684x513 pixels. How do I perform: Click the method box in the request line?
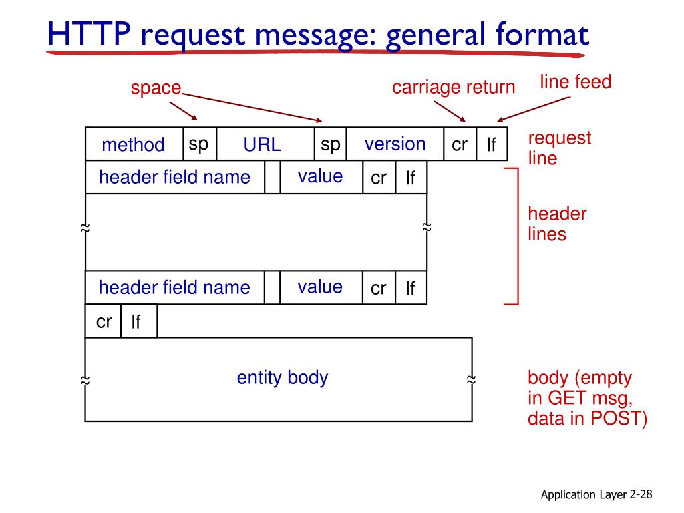(134, 144)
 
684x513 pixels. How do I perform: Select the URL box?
(262, 144)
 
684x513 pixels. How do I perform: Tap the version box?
(395, 144)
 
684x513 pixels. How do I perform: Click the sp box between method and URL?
(199, 144)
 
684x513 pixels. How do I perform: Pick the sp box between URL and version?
(330, 144)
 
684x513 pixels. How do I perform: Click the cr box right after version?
(460, 144)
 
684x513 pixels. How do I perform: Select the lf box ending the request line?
(492, 144)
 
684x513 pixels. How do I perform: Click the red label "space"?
(156, 88)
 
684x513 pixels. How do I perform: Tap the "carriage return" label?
(454, 88)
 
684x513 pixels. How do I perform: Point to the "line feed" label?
(575, 82)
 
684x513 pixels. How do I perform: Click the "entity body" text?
(283, 378)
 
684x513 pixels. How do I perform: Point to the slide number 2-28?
(641, 494)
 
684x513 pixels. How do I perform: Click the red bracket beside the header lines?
(516, 236)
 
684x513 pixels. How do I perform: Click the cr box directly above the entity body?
(104, 322)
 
